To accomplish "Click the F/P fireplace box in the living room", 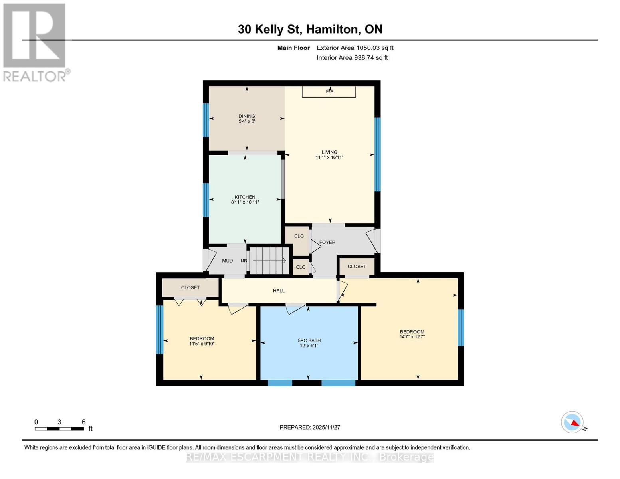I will pyautogui.click(x=329, y=91).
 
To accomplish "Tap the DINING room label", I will pyautogui.click(x=247, y=116).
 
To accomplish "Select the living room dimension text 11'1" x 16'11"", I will pyautogui.click(x=329, y=158).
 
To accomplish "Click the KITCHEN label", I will pyautogui.click(x=245, y=197).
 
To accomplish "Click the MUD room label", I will pyautogui.click(x=227, y=261).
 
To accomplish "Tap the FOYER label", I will pyautogui.click(x=327, y=242).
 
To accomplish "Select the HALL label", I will pyautogui.click(x=279, y=291).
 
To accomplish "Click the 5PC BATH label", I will pyautogui.click(x=309, y=340).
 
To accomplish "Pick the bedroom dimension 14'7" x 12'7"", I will pyautogui.click(x=412, y=337).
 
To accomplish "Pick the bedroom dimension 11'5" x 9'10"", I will pyautogui.click(x=202, y=344).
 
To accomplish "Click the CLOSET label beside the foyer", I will pyautogui.click(x=357, y=266).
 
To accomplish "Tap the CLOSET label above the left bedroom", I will pyautogui.click(x=190, y=287).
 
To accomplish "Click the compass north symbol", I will pyautogui.click(x=572, y=422).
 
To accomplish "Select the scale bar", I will pyautogui.click(x=59, y=429).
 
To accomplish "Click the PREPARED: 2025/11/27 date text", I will pyautogui.click(x=309, y=427).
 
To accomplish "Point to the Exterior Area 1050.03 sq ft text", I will pyautogui.click(x=355, y=48).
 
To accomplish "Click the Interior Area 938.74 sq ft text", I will pyautogui.click(x=352, y=58).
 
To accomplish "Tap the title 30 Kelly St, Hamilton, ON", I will pyautogui.click(x=310, y=29).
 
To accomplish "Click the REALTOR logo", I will pyautogui.click(x=35, y=42).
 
